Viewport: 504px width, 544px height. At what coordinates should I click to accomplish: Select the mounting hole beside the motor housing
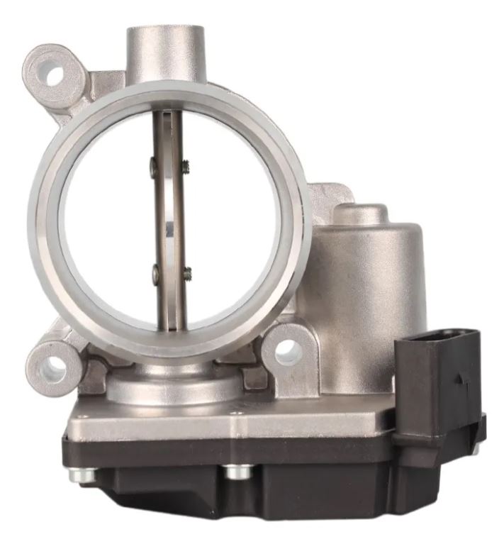click(x=286, y=349)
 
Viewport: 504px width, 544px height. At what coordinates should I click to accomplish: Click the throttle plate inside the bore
click(x=169, y=220)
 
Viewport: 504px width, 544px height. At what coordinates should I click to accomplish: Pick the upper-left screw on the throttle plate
click(x=154, y=167)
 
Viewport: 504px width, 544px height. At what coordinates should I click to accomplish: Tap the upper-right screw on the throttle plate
click(x=186, y=167)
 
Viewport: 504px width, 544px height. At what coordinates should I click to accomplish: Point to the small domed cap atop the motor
click(x=361, y=213)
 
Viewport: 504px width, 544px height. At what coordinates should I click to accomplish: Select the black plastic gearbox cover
click(x=284, y=482)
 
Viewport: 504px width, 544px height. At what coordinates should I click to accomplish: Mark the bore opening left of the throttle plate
click(x=106, y=220)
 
